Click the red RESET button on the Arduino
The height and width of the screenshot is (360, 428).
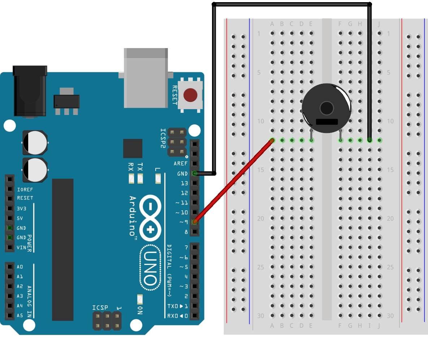(190, 95)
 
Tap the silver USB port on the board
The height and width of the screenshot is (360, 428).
(146, 78)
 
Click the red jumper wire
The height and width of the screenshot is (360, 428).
(233, 181)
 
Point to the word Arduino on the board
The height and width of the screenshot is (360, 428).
(133, 216)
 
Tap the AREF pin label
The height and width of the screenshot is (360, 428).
(181, 164)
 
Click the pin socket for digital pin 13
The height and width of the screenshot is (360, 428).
(195, 183)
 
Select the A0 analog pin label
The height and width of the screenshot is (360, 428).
(20, 267)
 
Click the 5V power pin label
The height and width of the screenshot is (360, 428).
(20, 218)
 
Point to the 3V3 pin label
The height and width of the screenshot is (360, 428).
(21, 209)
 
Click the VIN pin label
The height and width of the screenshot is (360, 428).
(21, 248)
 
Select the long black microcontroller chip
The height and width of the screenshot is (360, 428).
(62, 249)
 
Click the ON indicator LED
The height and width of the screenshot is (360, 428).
(140, 299)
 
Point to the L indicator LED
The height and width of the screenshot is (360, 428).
(157, 178)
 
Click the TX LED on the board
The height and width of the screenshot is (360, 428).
(140, 178)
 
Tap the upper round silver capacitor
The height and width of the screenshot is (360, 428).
(35, 142)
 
